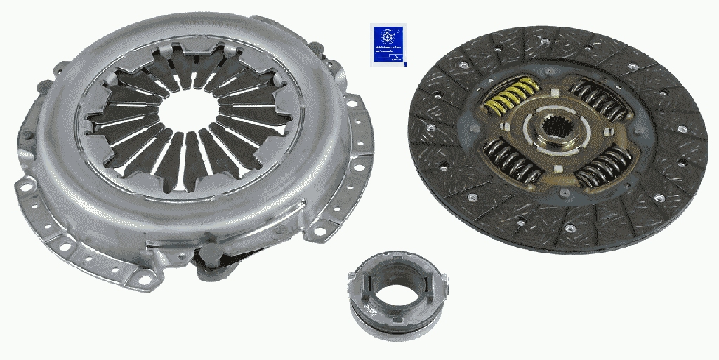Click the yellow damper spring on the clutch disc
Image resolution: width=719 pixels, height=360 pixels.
coord(512,94)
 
